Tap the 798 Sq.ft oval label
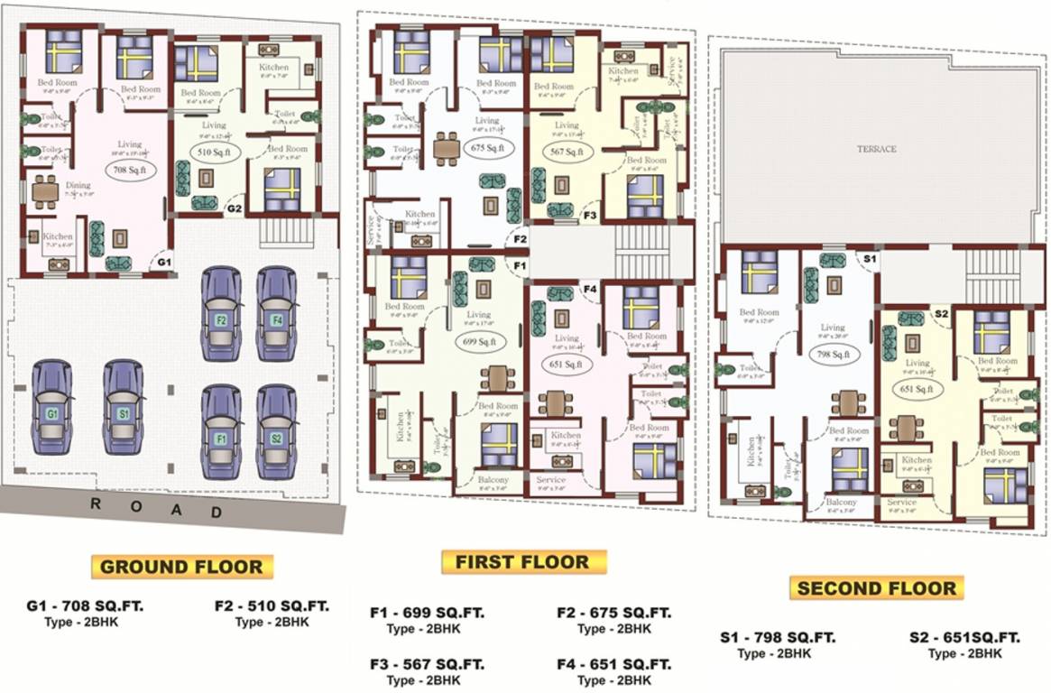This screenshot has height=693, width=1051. pos(834,353)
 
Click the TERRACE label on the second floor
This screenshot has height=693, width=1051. pos(876,149)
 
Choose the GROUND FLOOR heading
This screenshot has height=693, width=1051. pos(181,567)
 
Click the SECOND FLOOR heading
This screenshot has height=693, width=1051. pos(875,588)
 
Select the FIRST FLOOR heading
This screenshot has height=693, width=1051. pos(521,562)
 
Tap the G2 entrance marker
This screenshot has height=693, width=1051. pos(235,208)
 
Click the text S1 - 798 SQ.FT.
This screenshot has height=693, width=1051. pos(778,637)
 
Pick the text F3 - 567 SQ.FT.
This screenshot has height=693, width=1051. pos(427,664)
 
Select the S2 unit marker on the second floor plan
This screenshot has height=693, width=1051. pos(941,313)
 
